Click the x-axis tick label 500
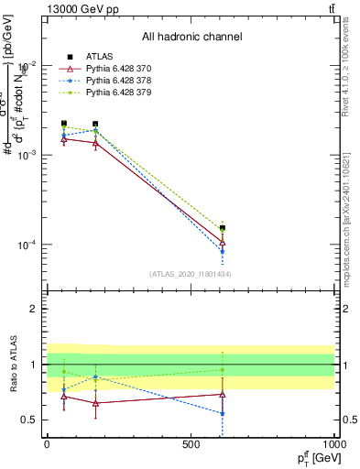pos(191,443)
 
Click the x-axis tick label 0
pos(47,443)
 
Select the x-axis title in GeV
pos(315,458)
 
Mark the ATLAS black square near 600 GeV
pos(223,228)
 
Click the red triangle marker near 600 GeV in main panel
pos(223,243)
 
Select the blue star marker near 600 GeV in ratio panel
pos(223,413)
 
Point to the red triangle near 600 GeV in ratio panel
pos(223,394)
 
